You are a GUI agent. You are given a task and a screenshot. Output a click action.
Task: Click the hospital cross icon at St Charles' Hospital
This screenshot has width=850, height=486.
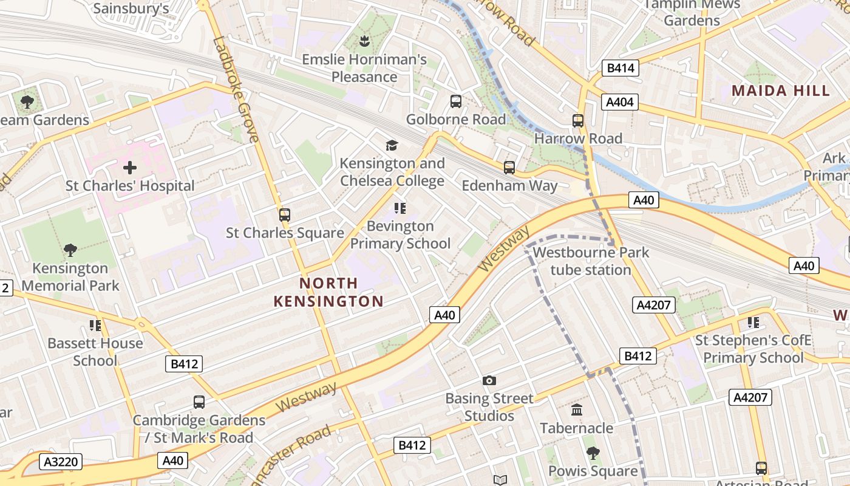129,168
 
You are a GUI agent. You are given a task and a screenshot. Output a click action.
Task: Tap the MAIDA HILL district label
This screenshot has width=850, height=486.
780,91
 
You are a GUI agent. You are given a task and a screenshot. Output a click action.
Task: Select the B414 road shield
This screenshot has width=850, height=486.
620,68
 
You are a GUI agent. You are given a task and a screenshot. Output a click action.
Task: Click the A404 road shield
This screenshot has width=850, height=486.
620,102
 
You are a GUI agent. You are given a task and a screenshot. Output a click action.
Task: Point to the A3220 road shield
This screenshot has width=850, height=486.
61,462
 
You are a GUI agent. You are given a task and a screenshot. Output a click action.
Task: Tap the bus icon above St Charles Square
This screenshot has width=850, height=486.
284,214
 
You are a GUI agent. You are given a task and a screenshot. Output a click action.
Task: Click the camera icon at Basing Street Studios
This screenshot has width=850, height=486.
489,381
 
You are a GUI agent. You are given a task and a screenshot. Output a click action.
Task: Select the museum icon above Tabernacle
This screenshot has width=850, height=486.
577,410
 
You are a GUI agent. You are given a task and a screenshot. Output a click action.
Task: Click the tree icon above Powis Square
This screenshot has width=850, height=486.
593,453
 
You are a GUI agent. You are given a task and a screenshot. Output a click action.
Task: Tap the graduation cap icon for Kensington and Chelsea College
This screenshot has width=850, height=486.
392,145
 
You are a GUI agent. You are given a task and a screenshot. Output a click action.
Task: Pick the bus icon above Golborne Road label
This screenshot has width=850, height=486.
455,101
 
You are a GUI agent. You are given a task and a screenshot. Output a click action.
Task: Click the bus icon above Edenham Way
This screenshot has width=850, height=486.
509,167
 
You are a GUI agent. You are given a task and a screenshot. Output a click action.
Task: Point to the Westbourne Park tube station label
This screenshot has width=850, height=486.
591,261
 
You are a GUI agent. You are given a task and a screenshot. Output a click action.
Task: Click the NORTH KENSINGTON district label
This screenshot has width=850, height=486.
328,292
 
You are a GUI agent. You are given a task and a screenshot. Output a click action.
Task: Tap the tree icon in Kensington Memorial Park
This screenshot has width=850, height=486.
70,250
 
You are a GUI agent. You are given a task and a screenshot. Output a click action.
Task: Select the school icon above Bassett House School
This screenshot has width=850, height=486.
95,326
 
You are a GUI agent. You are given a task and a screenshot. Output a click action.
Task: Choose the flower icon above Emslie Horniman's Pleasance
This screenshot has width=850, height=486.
364,42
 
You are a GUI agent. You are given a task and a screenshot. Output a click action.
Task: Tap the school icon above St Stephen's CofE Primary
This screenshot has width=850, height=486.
753,323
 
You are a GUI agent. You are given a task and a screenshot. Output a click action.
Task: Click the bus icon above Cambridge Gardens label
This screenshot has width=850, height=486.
199,402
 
